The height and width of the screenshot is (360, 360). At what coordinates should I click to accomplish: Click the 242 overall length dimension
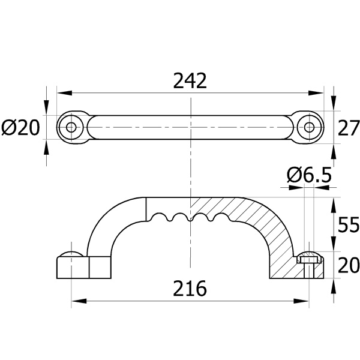[x=190, y=81]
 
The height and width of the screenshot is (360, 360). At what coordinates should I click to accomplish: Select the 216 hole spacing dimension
[x=190, y=289]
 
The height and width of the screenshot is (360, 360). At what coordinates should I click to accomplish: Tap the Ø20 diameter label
[x=20, y=128]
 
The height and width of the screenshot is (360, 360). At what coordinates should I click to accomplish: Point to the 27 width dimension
[x=349, y=128]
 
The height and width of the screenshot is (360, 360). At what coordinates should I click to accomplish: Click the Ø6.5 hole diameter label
[x=309, y=175]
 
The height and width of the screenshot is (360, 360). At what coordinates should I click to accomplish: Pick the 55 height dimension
[x=349, y=224]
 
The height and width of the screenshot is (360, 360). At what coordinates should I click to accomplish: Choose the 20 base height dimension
[x=349, y=265]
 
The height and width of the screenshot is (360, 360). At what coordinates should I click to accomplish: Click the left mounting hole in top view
[x=71, y=127]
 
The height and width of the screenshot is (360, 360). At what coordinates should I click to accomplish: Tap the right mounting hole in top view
[x=310, y=127]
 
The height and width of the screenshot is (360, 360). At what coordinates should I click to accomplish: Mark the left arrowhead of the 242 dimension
[x=65, y=93]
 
